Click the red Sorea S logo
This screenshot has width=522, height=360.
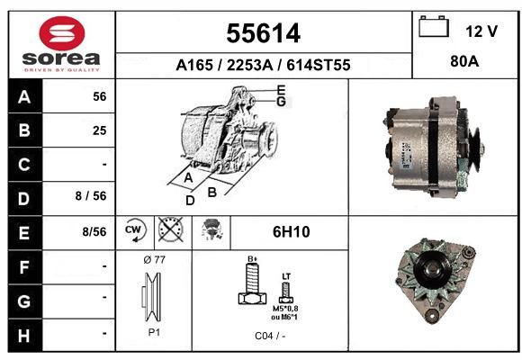pyautogui.click(x=62, y=33)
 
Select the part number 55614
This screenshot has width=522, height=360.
pyautogui.click(x=264, y=33)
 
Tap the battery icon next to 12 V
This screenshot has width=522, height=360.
pyautogui.click(x=434, y=27)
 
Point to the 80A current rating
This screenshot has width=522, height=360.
pyautogui.click(x=464, y=61)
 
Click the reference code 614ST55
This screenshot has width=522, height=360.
pyautogui.click(x=319, y=65)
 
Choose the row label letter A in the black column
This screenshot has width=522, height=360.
pyautogui.click(x=24, y=97)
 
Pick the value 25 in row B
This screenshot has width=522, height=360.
pyautogui.click(x=100, y=130)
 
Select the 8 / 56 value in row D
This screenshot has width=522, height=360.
pyautogui.click(x=91, y=196)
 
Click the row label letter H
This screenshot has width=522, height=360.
pyautogui.click(x=24, y=336)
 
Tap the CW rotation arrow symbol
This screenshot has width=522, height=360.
pyautogui.click(x=136, y=229)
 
